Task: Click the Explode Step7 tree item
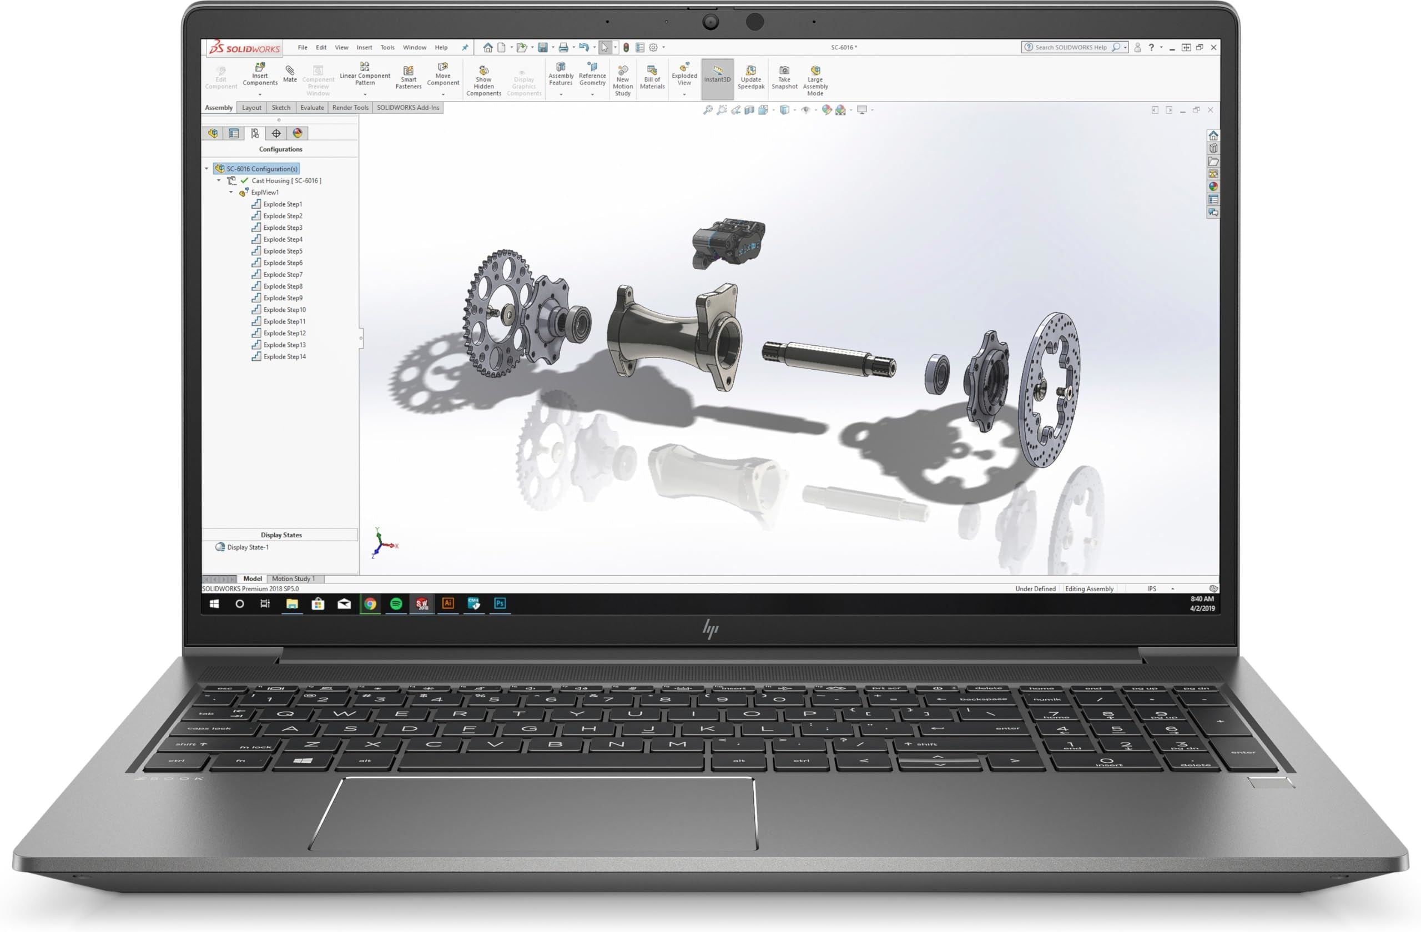283,275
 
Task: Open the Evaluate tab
311,108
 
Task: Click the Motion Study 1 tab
293,578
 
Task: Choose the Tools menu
387,48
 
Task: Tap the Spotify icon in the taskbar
396,603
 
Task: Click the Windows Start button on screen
214,603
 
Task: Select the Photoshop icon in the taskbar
500,603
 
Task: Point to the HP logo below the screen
710,629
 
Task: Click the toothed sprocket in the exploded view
496,314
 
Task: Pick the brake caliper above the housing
727,242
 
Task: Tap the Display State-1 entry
247,547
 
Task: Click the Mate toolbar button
290,74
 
